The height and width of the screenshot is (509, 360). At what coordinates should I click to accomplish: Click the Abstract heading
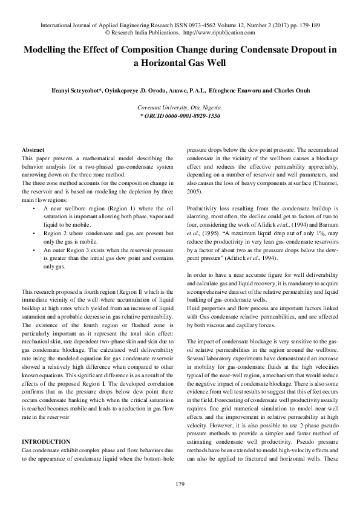[x=33, y=149]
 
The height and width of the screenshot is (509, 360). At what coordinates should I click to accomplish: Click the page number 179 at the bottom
[x=180, y=484]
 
